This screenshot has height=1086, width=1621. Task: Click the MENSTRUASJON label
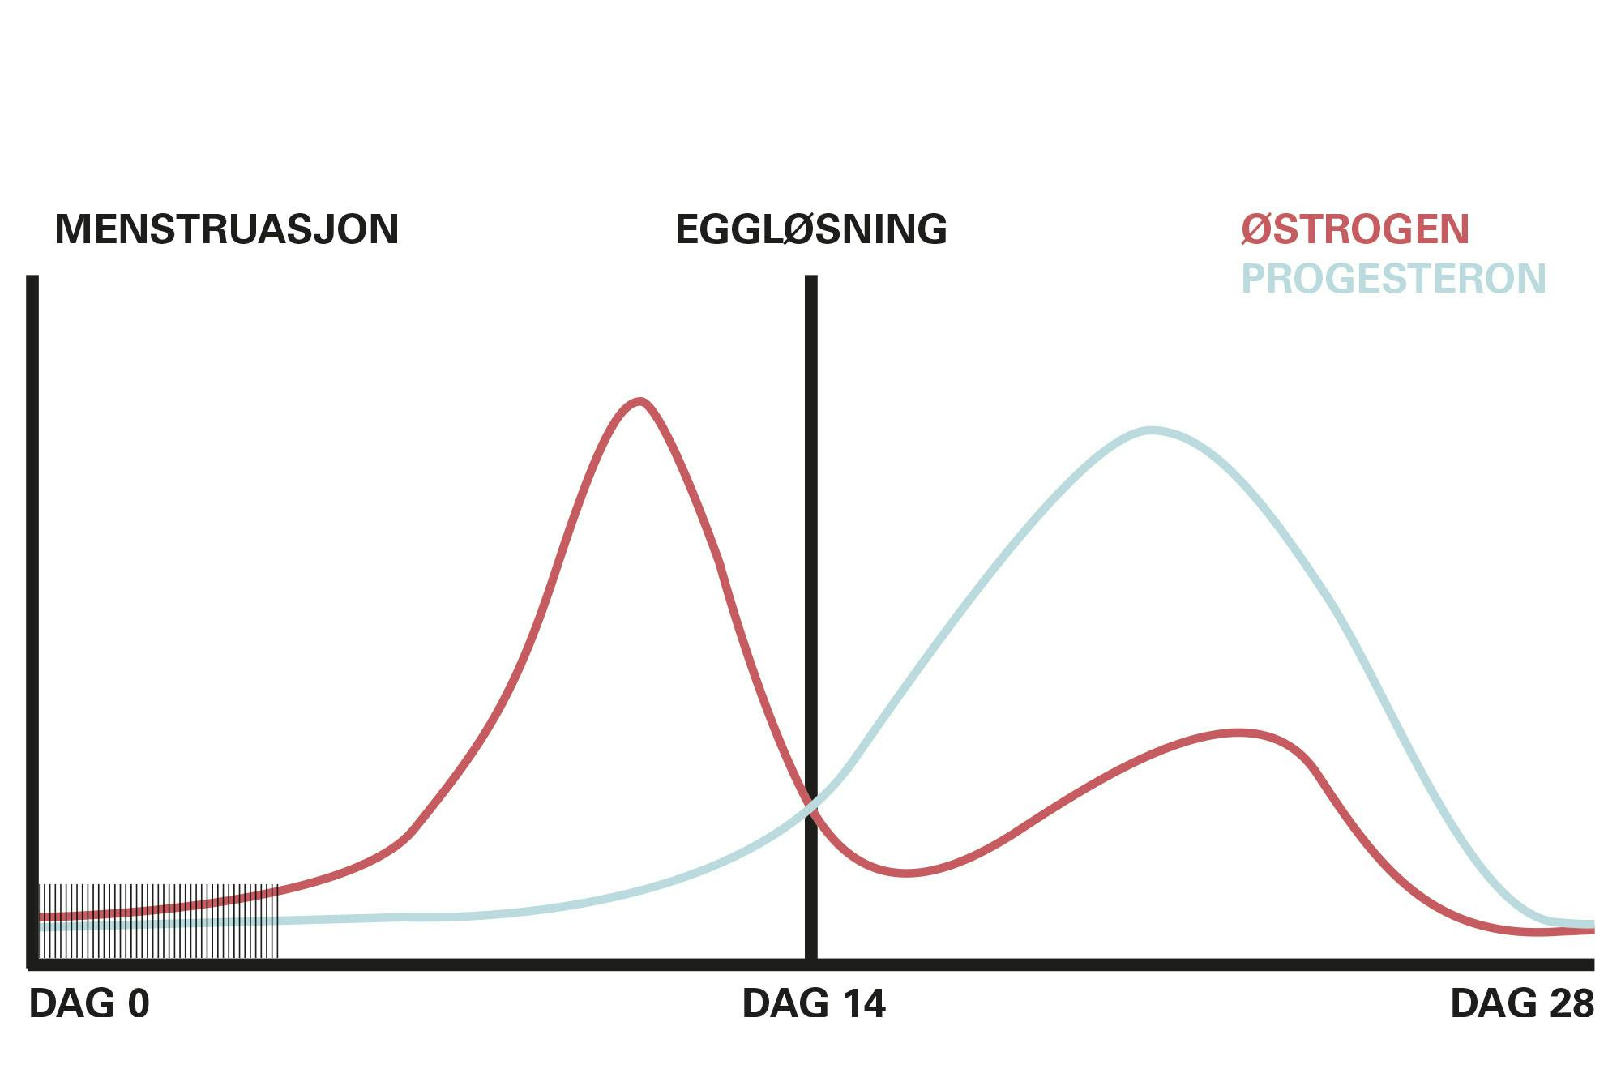[227, 229]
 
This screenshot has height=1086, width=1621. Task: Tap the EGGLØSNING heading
[811, 229]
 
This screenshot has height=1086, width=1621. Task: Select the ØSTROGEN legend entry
[1355, 229]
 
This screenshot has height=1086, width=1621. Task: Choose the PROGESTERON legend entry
[1394, 279]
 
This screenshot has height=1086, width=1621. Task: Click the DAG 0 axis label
[89, 1003]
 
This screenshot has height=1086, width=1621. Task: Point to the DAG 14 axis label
[814, 1003]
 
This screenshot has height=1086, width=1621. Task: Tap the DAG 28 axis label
[1522, 1003]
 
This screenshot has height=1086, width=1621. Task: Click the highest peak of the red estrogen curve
[640, 401]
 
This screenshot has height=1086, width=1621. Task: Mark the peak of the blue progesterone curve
[1151, 430]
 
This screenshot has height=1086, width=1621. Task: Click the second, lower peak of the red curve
[1238, 733]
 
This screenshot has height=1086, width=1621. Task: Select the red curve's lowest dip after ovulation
[906, 873]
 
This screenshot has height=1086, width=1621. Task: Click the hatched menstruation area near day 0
[159, 921]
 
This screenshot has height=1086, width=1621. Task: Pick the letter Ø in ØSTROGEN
[1256, 229]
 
